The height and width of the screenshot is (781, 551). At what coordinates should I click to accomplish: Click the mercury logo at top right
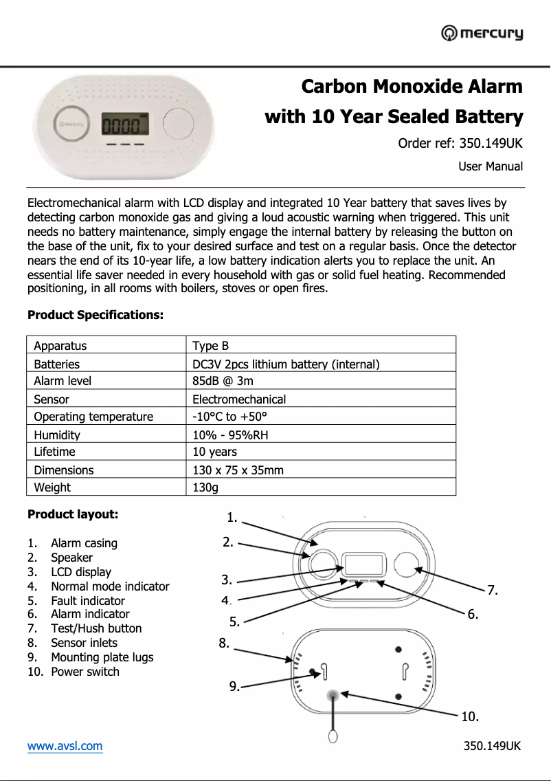482,33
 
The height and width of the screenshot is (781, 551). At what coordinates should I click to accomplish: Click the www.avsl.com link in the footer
65,746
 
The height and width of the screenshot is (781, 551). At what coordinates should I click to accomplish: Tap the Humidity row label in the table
57,434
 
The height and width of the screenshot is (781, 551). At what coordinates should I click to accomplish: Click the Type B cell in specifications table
210,346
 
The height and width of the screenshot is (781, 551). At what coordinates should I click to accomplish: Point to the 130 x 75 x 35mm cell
238,470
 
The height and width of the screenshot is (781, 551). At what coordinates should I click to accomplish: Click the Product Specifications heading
95,315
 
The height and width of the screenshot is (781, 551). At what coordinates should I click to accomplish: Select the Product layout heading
73,514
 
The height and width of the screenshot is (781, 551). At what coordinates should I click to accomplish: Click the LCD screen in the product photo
125,125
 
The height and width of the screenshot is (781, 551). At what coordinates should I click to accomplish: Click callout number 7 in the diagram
492,590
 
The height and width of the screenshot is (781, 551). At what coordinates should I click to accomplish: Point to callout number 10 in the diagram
470,716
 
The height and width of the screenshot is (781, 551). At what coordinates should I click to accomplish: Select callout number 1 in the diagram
232,517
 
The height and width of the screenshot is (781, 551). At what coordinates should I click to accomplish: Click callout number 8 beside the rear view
224,643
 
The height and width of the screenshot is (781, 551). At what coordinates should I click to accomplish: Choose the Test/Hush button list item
96,628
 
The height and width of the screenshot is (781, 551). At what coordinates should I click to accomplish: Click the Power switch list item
85,672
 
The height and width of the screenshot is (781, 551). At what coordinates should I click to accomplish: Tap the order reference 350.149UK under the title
460,144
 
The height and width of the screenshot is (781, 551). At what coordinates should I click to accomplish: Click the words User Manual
491,166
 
